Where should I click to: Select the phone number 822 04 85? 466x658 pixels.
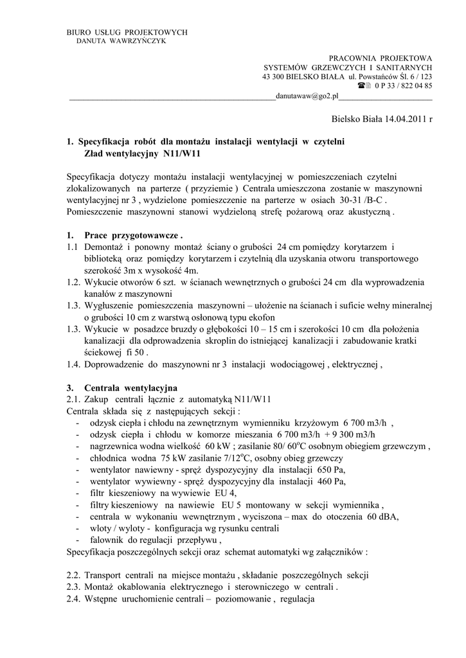point(414,85)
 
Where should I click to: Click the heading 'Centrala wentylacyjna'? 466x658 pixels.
point(130,387)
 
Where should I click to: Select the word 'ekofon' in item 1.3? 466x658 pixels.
point(259,317)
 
